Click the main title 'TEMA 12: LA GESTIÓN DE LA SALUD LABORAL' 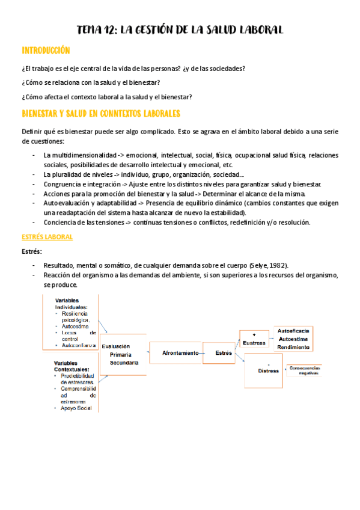[x=180, y=30]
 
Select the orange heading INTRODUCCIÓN [x=46, y=51]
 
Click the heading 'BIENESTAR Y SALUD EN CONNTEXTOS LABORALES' [x=101, y=113]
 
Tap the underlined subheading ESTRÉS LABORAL [x=47, y=237]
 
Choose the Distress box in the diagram [x=269, y=371]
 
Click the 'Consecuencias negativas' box [x=306, y=370]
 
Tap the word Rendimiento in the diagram [x=294, y=347]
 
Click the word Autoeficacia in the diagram [x=294, y=331]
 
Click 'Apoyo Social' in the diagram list [x=76, y=408]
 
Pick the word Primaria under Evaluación [x=120, y=355]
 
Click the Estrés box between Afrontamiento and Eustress [x=224, y=353]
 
